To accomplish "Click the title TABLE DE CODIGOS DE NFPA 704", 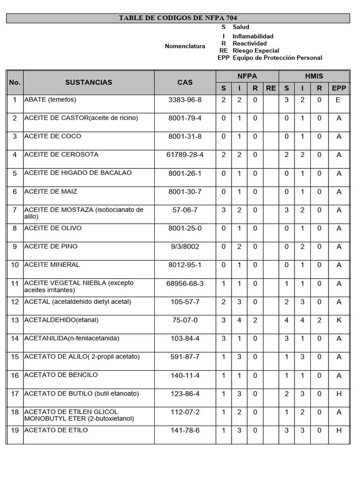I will pyautogui.click(x=178, y=18).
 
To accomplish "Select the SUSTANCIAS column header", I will pyautogui.click(x=89, y=82).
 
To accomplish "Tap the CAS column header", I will pyautogui.click(x=185, y=82).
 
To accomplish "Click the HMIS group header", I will pyautogui.click(x=314, y=76).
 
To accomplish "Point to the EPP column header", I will pyautogui.click(x=338, y=88).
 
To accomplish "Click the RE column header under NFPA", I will pyautogui.click(x=270, y=88).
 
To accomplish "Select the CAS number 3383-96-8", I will pyautogui.click(x=185, y=100).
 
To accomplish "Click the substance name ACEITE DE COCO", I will pyautogui.click(x=52, y=136).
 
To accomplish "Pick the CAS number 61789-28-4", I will pyautogui.click(x=185, y=155).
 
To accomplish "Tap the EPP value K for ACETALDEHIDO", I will pyautogui.click(x=338, y=320).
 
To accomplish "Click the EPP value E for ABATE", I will pyautogui.click(x=338, y=100).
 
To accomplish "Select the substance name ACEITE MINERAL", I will pyautogui.click(x=52, y=265).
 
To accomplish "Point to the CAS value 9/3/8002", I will pyautogui.click(x=185, y=247).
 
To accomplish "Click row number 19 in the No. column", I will pyautogui.click(x=15, y=430).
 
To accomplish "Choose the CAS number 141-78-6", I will pyautogui.click(x=185, y=430).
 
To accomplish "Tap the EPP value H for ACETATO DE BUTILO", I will pyautogui.click(x=338, y=394).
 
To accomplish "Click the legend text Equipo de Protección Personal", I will pyautogui.click(x=277, y=58).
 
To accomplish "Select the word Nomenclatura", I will pyautogui.click(x=185, y=46).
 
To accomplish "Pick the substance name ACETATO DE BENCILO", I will pyautogui.click(x=61, y=375).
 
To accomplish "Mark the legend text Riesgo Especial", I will pyautogui.click(x=255, y=51).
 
